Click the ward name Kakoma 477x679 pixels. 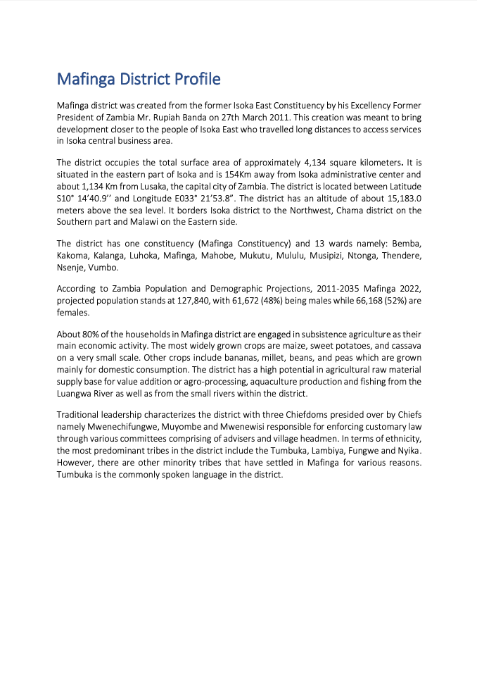point(72,256)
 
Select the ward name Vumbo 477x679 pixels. point(103,268)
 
